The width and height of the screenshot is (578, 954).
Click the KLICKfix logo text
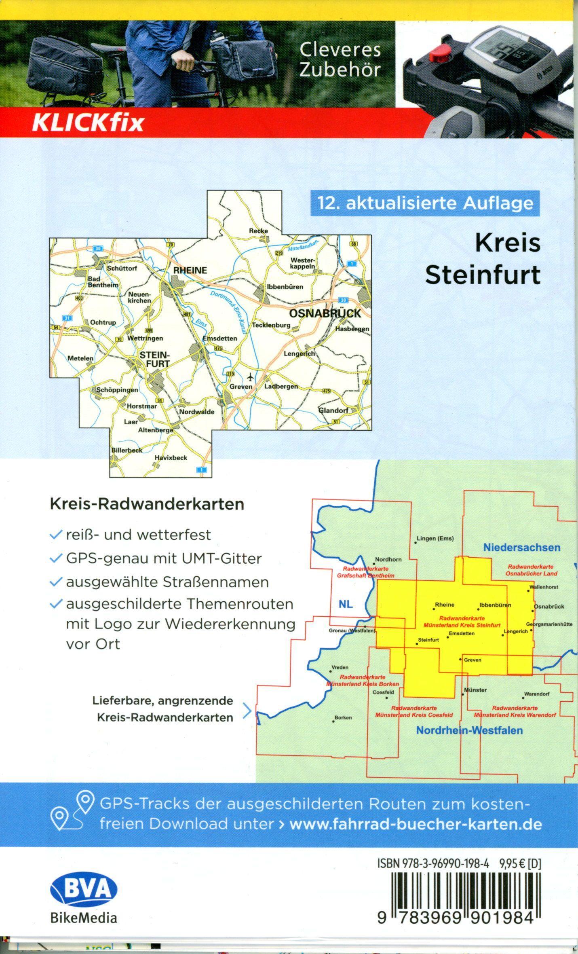(x=88, y=123)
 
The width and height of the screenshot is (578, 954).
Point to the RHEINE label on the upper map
(x=190, y=270)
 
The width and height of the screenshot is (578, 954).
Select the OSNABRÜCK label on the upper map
(x=325, y=314)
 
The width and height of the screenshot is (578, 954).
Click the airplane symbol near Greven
(x=251, y=377)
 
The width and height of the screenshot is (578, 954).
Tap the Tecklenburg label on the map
(x=271, y=325)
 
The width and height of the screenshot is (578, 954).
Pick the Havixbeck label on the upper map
(x=171, y=458)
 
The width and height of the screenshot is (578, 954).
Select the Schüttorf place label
(x=122, y=268)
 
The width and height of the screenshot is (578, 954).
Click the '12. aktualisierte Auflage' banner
(x=425, y=203)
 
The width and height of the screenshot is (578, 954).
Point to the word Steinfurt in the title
(x=483, y=275)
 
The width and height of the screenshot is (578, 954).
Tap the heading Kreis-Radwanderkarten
(x=147, y=504)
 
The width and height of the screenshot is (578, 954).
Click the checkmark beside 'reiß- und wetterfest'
(x=55, y=535)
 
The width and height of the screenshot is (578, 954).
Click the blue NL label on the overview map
(x=346, y=604)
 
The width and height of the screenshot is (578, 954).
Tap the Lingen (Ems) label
(x=435, y=539)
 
